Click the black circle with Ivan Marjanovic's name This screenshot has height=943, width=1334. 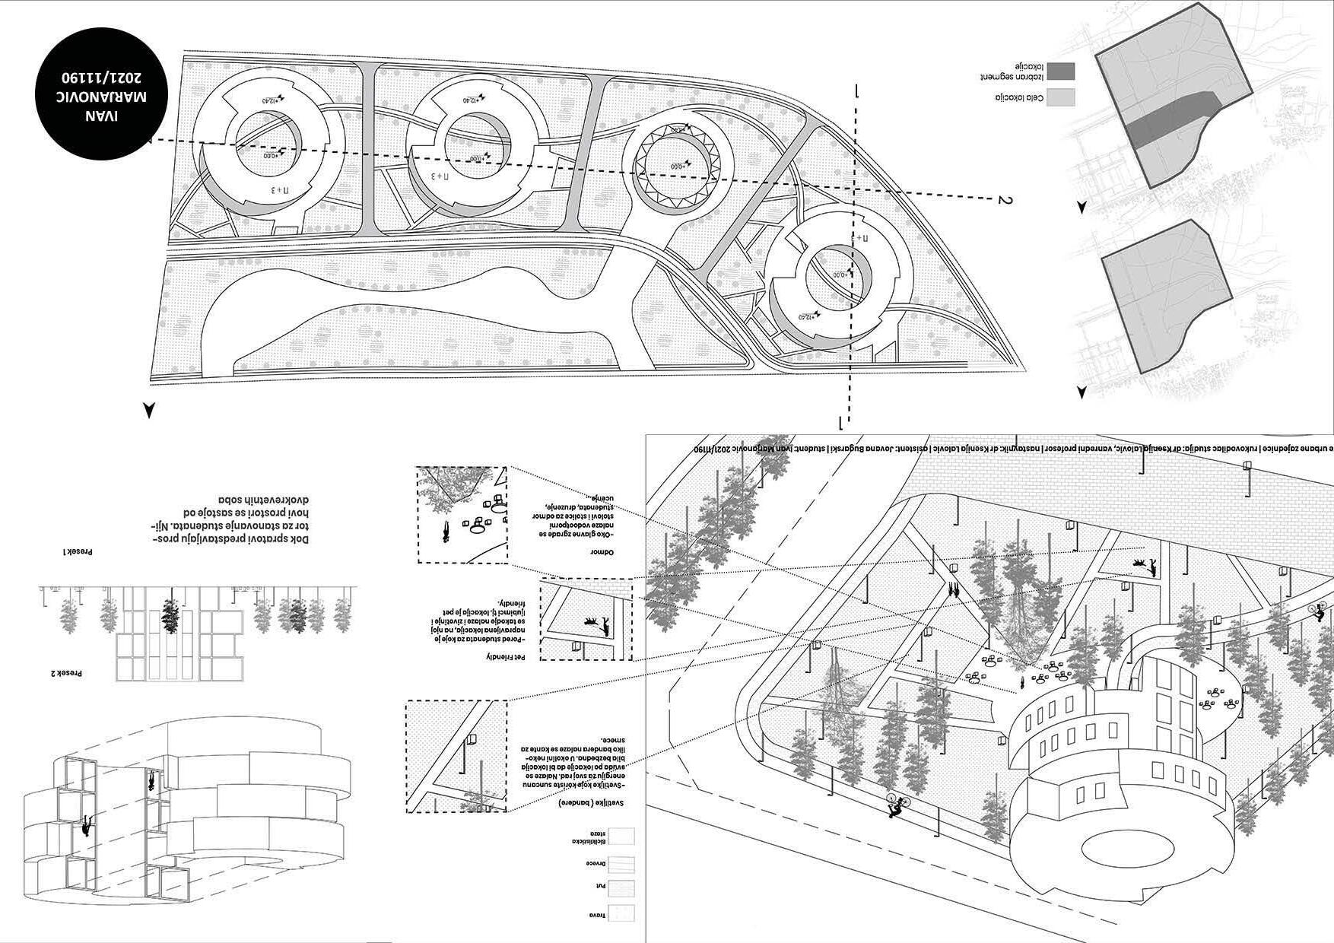(x=100, y=97)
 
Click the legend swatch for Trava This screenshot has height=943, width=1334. (x=623, y=913)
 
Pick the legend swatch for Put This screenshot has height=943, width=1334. (x=623, y=886)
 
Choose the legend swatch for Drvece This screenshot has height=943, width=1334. (x=623, y=864)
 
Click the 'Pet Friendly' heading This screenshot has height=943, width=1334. (x=506, y=656)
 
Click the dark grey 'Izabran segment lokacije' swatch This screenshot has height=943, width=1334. (x=1061, y=72)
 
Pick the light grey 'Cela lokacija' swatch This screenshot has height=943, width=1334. (x=1061, y=97)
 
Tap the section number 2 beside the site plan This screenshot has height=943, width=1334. (x=1005, y=200)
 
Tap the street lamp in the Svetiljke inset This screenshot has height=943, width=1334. (x=472, y=741)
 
